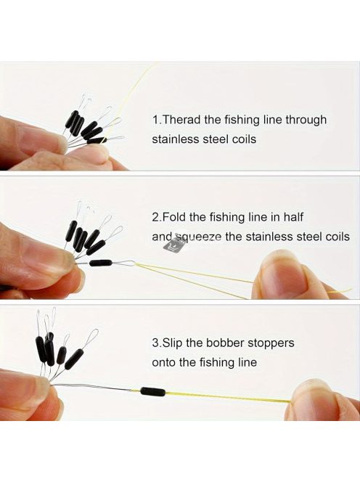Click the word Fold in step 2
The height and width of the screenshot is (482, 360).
173,217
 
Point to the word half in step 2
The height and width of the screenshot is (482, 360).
293,217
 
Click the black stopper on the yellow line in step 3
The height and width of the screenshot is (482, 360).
153,391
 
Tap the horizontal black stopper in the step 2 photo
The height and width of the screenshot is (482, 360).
101,263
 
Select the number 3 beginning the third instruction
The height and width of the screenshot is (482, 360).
155,343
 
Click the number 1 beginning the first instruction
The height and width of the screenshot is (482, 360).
155,120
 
